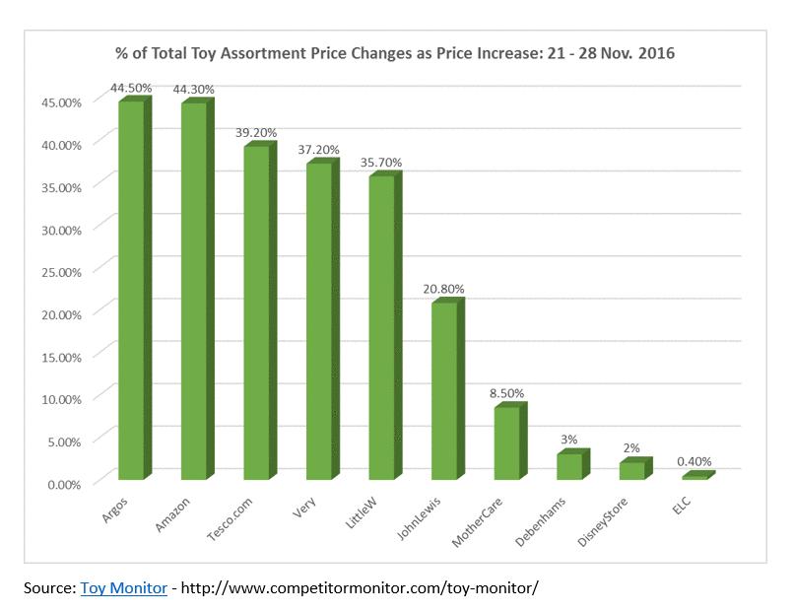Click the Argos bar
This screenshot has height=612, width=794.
pos(132,290)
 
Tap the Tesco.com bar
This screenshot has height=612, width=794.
pos(257,312)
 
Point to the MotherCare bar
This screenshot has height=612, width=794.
pos(507,442)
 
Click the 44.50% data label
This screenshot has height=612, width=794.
pos(132,88)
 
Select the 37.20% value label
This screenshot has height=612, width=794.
pos(318,150)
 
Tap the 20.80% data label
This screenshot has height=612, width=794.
pos(443,289)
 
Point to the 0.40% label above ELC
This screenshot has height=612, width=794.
pos(693,461)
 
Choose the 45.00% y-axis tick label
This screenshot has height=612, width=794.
pos(62,102)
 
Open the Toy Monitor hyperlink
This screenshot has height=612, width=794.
pos(123,587)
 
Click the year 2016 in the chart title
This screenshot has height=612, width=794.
pos(653,52)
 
